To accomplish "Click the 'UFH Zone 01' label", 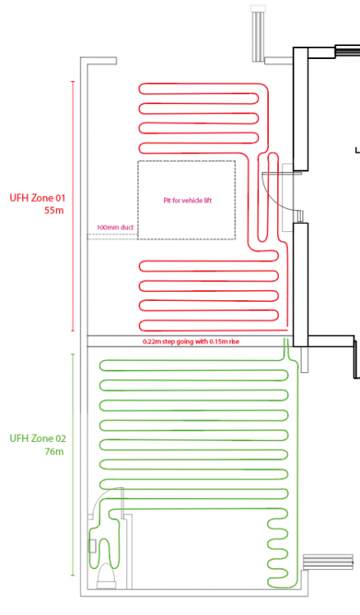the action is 38,198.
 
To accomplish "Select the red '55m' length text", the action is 54,210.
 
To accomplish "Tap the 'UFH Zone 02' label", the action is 38,439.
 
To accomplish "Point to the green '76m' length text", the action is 54,452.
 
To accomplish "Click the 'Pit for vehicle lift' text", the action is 188,200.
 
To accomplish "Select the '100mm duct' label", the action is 116,227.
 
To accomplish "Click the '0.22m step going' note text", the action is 168,342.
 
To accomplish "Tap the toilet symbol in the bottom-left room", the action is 107,576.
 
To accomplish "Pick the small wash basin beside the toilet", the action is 92,546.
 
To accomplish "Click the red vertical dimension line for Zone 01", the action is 73,207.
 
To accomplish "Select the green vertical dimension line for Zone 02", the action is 73,465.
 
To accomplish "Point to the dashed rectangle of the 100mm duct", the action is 112,236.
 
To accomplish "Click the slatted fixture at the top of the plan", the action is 258,33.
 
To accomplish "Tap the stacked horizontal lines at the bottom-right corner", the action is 328,562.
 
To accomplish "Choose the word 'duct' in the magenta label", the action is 127,227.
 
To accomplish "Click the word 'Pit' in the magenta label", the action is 167,200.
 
